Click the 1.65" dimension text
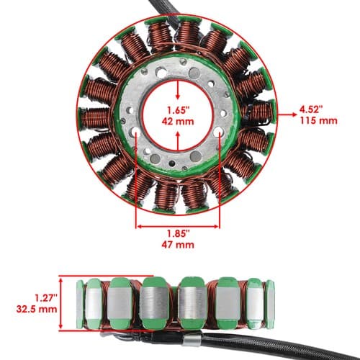[179, 110]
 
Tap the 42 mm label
[178, 121]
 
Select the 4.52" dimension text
[310, 109]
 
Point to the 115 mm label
[319, 120]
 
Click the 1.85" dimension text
[179, 233]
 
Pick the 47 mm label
[178, 245]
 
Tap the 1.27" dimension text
[46, 298]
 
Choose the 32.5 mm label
[37, 309]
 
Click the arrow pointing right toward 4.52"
[287, 114]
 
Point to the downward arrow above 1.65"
[178, 90]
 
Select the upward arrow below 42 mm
[178, 141]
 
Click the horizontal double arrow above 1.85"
[178, 226]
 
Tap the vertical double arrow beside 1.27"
[60, 303]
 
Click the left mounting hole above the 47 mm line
[135, 132]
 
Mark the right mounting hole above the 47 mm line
[219, 131]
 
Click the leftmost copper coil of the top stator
[96, 118]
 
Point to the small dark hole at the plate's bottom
[171, 163]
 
